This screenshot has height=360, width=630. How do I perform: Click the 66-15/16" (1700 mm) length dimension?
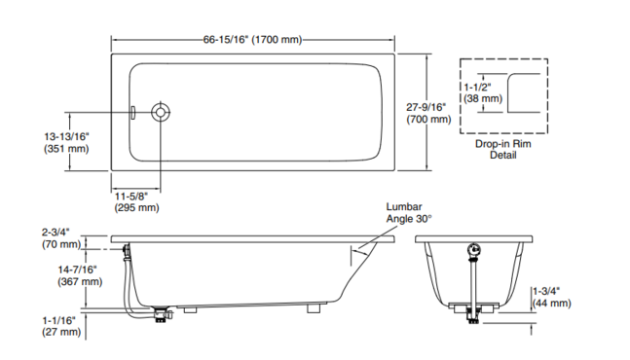252,40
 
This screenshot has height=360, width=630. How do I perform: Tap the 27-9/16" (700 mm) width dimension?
428,113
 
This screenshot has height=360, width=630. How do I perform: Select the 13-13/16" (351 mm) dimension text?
66,142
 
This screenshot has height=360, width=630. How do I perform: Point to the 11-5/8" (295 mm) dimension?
136,201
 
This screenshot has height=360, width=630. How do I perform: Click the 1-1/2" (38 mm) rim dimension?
483,92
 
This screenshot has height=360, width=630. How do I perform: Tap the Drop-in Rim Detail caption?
503,149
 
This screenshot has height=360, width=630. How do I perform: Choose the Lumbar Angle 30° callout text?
409,213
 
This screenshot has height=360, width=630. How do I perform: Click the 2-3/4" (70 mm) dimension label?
61,238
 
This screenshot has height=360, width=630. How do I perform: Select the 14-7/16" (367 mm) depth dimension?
80,275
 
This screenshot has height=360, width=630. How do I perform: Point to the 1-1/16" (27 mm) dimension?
61,326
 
